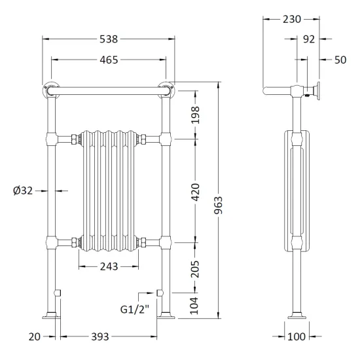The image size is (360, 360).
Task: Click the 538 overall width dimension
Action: point(109,39)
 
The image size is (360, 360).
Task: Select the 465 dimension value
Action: point(109,60)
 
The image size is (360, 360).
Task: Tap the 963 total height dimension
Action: point(219,205)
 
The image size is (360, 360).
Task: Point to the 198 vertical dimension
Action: point(196,115)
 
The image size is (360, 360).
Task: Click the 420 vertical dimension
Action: point(196,192)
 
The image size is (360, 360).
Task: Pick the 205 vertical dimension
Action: point(195,268)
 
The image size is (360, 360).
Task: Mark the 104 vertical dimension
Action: point(194,306)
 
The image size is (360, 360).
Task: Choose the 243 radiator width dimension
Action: point(109,266)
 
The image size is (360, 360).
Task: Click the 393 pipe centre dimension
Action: point(100,337)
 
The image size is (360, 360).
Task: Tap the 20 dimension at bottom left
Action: point(35,337)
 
